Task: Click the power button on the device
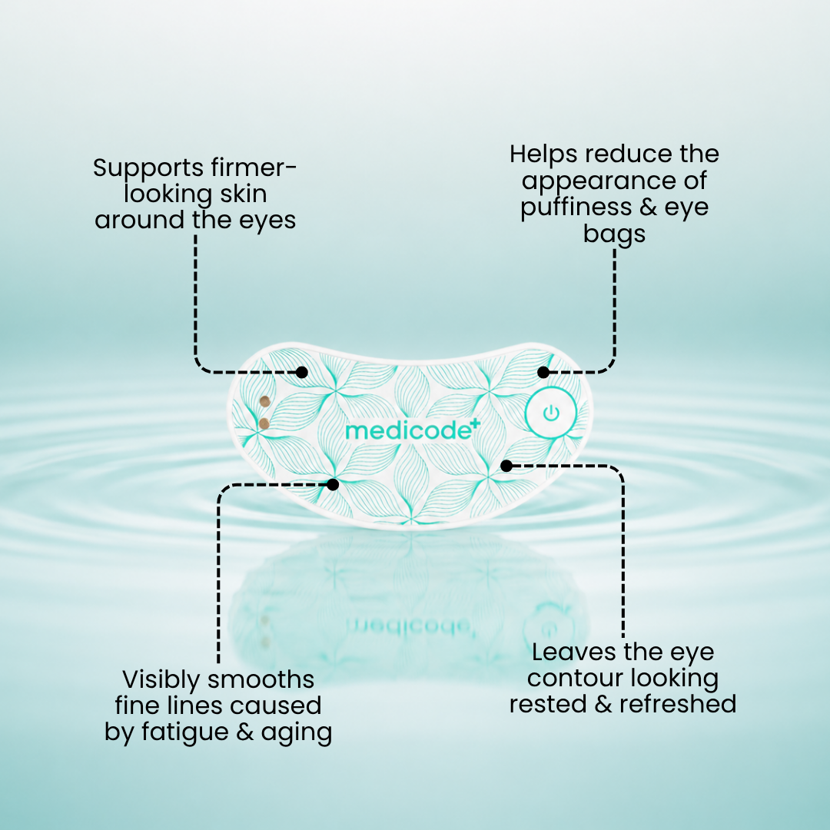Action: pyautogui.click(x=551, y=413)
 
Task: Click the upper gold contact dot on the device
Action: pyautogui.click(x=264, y=402)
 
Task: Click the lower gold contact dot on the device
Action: pyautogui.click(x=264, y=423)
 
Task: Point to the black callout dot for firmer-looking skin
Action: pyautogui.click(x=302, y=372)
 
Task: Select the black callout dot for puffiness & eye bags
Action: pyautogui.click(x=543, y=372)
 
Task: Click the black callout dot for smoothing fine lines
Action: pyautogui.click(x=333, y=484)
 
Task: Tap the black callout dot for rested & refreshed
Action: pyautogui.click(x=506, y=466)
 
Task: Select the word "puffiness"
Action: pyautogui.click(x=576, y=207)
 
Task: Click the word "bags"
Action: pyautogui.click(x=614, y=234)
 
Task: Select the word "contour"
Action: pyautogui.click(x=574, y=679)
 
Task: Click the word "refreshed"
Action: pyautogui.click(x=678, y=704)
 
